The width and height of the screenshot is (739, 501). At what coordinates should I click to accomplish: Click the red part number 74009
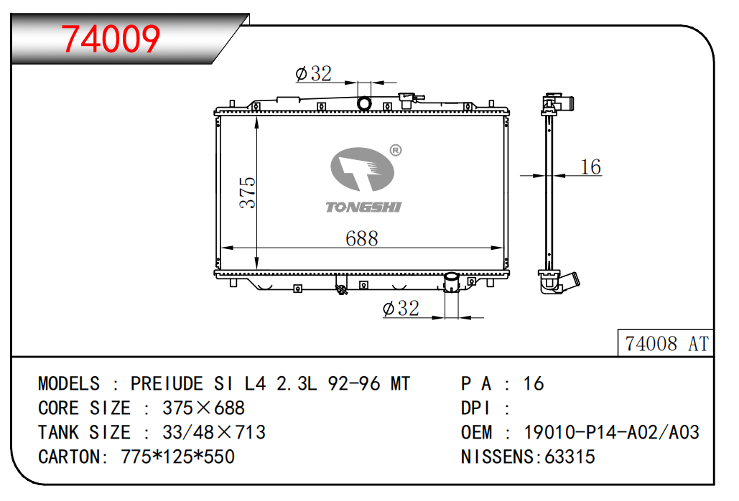click(x=111, y=39)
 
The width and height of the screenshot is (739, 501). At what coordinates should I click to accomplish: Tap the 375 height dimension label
click(x=248, y=192)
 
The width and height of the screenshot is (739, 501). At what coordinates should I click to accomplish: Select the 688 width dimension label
click(x=361, y=239)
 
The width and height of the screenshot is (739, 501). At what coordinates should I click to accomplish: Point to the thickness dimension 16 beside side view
click(x=590, y=167)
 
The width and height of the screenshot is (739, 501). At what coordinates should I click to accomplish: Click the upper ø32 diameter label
click(x=313, y=74)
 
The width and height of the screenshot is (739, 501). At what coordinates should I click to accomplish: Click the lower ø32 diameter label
click(x=401, y=309)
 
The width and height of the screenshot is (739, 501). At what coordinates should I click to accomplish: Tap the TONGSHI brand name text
click(x=363, y=207)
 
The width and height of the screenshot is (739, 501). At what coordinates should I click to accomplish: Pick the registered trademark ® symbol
click(x=396, y=150)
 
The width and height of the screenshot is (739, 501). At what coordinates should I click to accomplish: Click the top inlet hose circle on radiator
click(x=364, y=103)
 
